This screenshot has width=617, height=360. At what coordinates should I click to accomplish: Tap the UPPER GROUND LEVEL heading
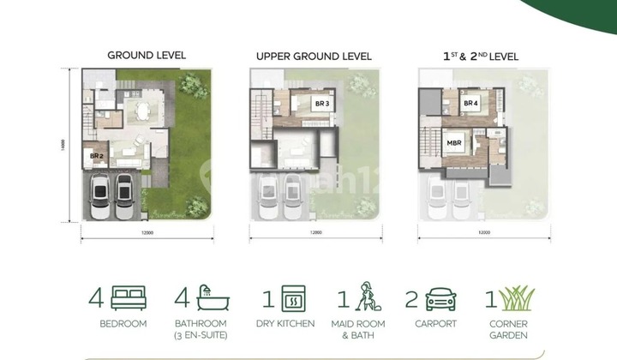tap(314, 57)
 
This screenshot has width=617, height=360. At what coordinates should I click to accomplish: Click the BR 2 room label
tap(97, 156)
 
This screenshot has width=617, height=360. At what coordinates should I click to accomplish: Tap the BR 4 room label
tap(470, 104)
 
